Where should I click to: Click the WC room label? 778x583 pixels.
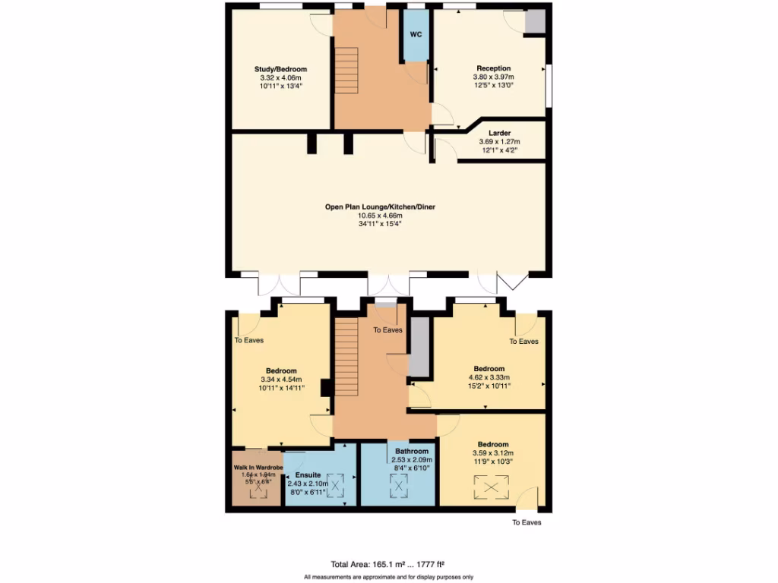point(416,35)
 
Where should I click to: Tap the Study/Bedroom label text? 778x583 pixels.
point(280,69)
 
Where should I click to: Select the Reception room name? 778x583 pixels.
point(493,68)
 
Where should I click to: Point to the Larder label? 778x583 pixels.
point(499,133)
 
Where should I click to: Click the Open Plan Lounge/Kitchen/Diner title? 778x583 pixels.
point(380,206)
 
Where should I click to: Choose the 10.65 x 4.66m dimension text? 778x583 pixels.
point(380,215)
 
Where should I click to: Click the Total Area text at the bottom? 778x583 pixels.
point(387,564)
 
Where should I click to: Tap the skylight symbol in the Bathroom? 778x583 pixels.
point(399,486)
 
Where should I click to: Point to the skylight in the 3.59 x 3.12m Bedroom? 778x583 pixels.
point(491,487)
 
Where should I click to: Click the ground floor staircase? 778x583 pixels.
point(346,70)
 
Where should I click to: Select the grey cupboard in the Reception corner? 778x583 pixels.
point(536,22)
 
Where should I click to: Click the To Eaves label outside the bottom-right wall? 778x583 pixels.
point(527,522)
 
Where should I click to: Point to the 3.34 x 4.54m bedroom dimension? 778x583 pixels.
point(280,380)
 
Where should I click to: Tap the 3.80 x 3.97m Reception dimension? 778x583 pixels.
point(493,77)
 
